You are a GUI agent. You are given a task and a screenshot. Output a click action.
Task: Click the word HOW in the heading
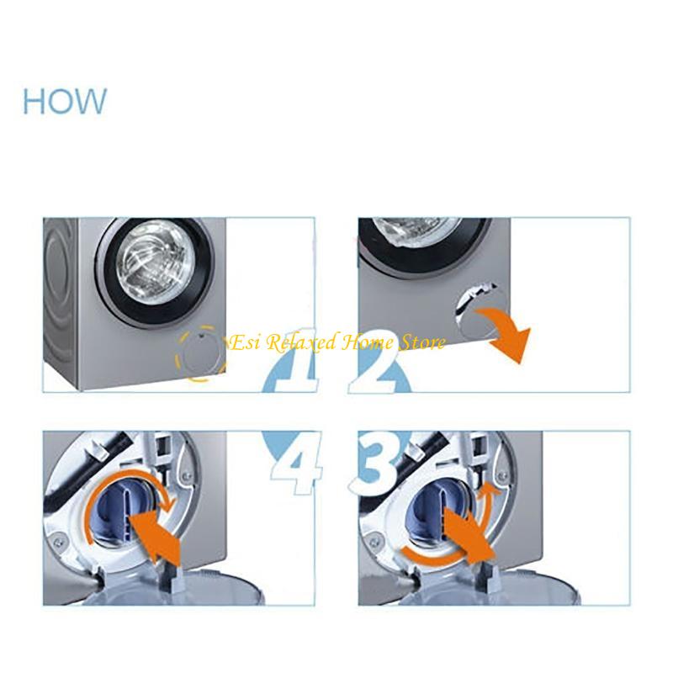65,101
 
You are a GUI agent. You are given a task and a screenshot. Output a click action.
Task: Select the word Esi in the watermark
243,342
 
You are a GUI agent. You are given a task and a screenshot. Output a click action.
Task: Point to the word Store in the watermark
425,342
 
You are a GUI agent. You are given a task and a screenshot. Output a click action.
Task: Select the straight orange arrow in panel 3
467,538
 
